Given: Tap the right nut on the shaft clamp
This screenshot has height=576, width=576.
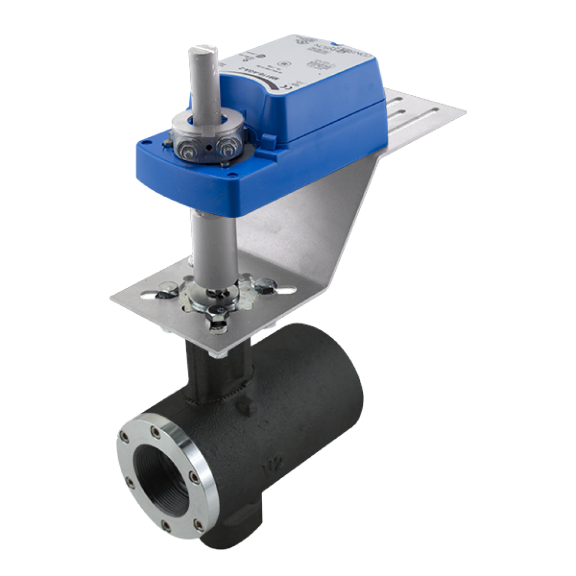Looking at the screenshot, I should point(227,150).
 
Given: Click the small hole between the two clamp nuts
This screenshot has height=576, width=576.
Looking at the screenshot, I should point(208,148).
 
